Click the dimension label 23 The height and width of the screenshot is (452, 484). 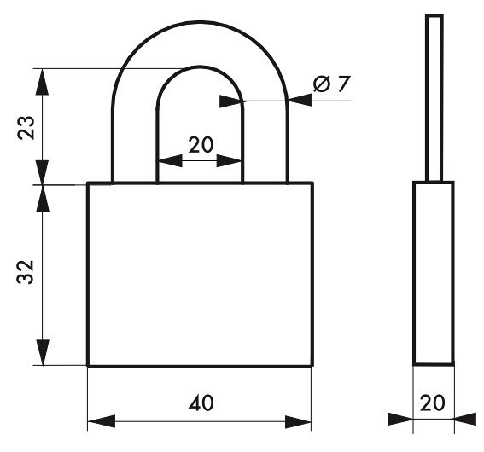click(26, 128)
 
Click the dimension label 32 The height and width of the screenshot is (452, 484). click(25, 272)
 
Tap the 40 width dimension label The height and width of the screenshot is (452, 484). click(201, 403)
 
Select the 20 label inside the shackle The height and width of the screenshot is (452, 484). click(201, 145)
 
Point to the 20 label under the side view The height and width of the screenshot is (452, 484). click(433, 403)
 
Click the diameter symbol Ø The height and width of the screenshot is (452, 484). click(322, 84)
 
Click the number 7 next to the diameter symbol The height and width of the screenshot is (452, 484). click(344, 84)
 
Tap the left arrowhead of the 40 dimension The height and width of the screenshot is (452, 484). click(102, 421)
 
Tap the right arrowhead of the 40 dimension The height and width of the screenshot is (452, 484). click(298, 421)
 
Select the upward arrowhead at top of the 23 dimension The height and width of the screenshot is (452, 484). click(43, 81)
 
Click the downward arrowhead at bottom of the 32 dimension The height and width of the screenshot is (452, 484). click(43, 352)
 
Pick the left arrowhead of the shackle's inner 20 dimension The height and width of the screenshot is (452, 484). click(170, 160)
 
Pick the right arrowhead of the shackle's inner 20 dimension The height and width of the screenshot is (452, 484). click(229, 160)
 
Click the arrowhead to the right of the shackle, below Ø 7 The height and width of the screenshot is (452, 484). click(300, 100)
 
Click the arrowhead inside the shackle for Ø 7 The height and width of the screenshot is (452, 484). click(231, 101)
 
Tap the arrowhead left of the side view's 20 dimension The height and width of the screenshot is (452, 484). click(400, 419)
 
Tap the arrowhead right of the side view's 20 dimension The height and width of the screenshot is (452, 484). click(465, 419)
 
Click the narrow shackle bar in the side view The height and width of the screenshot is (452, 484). click(434, 98)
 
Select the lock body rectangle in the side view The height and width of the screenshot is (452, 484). click(434, 273)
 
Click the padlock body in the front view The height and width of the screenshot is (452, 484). click(201, 275)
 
